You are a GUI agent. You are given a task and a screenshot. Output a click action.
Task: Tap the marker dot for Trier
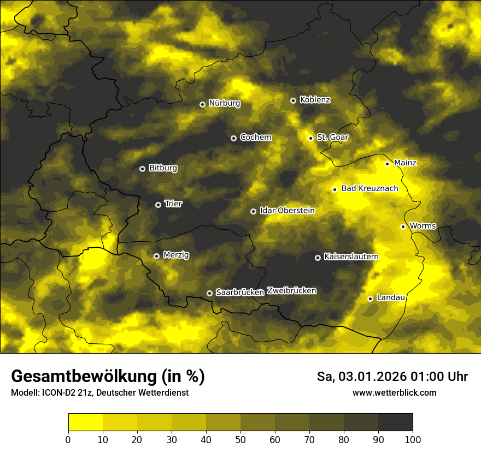coord(159,205)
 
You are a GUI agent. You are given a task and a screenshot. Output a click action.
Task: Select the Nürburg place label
coord(224,103)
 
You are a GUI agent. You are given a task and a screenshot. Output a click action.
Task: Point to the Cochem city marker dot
coord(233,138)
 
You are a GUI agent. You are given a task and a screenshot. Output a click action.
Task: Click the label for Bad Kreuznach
coord(369,189)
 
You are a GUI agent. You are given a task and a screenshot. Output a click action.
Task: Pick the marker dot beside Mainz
coord(387,164)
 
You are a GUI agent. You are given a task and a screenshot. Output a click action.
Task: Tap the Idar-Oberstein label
coord(287,211)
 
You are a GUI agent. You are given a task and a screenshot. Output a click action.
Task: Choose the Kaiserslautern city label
coord(351,257)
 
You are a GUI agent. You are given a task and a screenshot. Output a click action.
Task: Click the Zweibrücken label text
coord(291,291)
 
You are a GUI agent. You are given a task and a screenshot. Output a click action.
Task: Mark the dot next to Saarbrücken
coord(209,293)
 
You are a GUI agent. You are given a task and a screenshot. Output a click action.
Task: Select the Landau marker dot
coord(370,299)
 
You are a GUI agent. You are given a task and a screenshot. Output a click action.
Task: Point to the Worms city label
coord(423,226)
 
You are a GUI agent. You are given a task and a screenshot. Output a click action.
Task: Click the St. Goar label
coord(332,138)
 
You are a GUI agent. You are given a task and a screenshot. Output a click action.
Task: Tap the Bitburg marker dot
coord(142,169)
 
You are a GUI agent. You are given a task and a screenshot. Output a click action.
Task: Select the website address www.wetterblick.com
coord(394,392)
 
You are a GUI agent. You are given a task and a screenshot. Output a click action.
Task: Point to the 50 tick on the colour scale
coord(241,439)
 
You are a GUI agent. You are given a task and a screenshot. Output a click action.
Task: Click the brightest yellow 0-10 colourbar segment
coord(85,422)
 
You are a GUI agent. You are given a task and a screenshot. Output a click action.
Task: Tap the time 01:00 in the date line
coord(421,377)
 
